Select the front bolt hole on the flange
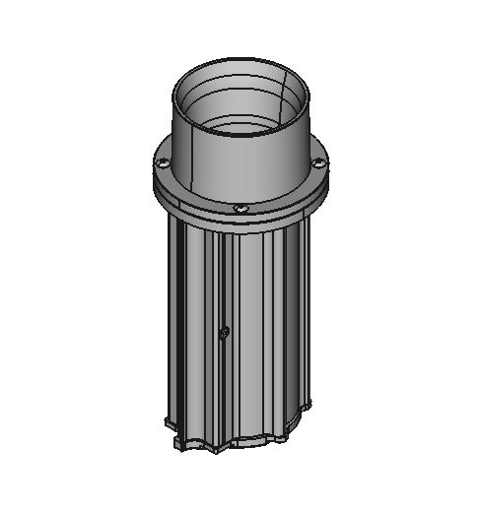click(240, 208)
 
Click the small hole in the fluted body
click(225, 332)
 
